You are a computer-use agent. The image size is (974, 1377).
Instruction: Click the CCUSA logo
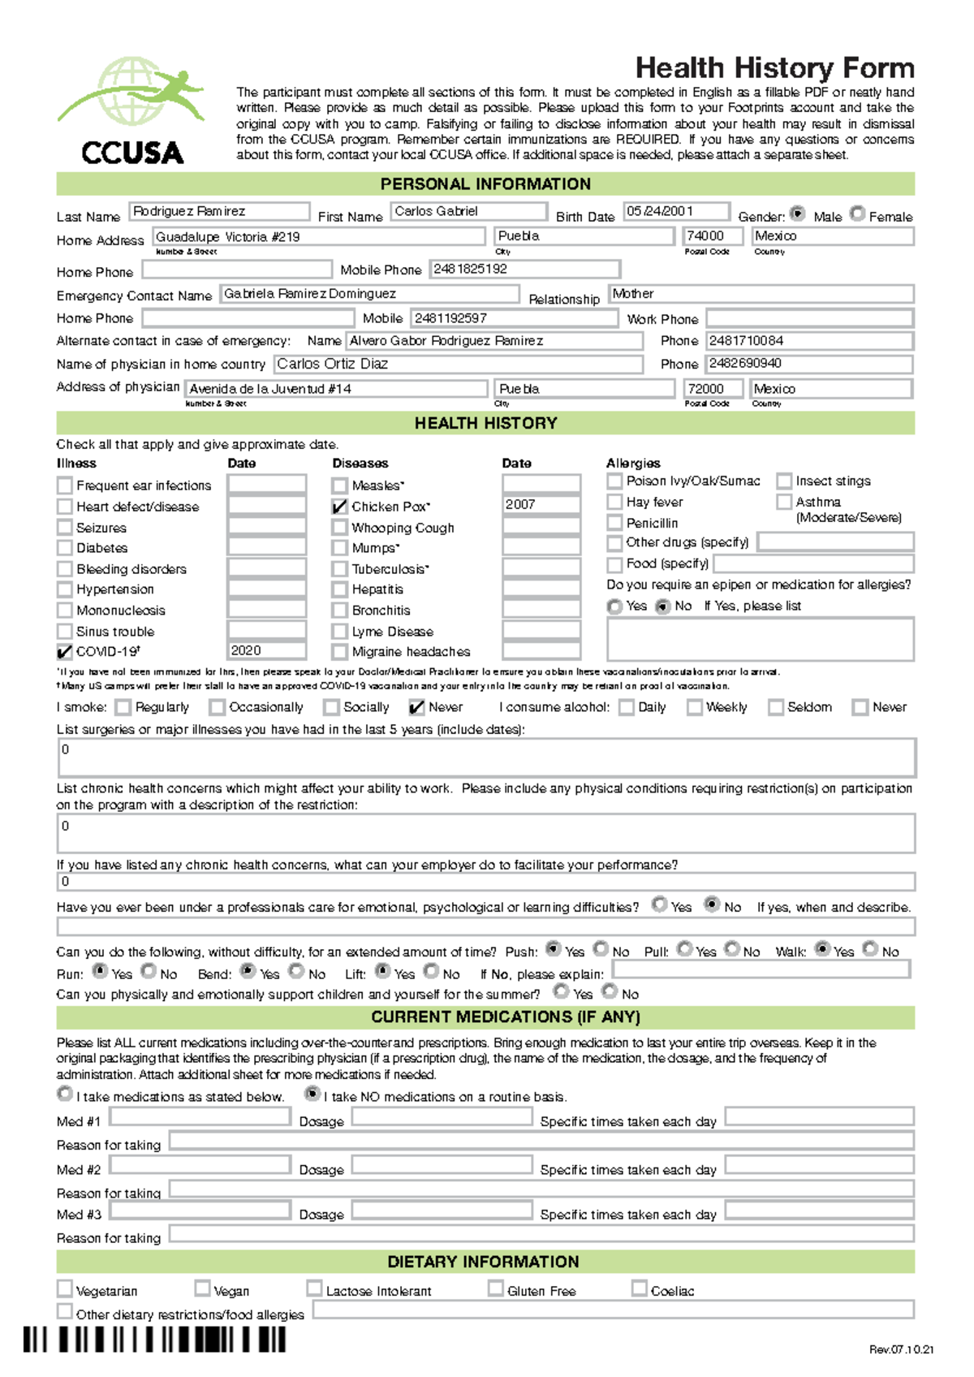pos(131,110)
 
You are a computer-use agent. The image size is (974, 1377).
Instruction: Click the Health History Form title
pos(774,67)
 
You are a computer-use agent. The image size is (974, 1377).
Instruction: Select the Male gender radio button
pos(798,214)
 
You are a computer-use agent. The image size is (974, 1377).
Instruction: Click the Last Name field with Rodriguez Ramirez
pos(219,212)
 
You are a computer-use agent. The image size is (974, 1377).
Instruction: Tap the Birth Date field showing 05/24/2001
pos(676,212)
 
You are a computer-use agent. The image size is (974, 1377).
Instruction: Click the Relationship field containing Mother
pos(761,294)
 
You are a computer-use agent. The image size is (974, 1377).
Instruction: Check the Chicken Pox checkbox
pos(340,507)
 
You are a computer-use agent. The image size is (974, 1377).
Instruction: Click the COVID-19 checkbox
pos(65,651)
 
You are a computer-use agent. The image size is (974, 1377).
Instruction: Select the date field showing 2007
pos(541,504)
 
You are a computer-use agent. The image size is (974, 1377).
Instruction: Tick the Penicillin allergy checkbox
pos(614,523)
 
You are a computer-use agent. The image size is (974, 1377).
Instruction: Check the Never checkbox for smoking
pos(416,707)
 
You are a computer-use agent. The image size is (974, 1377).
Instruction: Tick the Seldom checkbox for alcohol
pos(776,707)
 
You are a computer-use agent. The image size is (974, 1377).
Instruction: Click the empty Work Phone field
pos(809,318)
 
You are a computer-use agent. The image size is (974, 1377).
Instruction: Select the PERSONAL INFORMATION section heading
pos(485,183)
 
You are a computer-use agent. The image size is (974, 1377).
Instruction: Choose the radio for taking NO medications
pos(312,1094)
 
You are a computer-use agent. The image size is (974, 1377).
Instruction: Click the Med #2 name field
pos(200,1166)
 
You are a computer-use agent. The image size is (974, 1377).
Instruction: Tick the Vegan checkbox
pos(202,1289)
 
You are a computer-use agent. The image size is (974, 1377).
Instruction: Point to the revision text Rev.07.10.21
pos(901,1349)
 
